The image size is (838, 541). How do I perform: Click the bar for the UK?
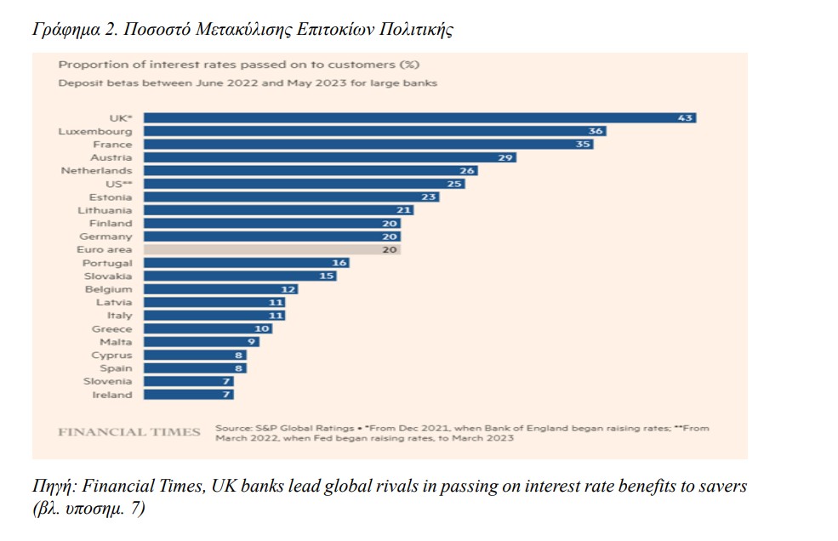pos(419,118)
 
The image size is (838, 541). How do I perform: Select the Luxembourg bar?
pos(375,132)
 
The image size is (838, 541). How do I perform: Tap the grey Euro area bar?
pos(271,250)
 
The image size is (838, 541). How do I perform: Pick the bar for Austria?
pos(330,157)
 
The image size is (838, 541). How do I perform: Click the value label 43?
pos(686,118)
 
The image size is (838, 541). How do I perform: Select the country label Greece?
pos(112,329)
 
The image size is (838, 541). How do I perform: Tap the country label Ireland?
pos(112,395)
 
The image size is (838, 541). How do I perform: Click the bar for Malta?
pos(201,342)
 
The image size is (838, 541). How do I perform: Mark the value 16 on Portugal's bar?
pos(339,264)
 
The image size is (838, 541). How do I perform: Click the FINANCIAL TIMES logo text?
pos(129,432)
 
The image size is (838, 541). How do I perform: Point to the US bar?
pos(305,184)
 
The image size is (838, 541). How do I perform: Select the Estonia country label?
pos(111,197)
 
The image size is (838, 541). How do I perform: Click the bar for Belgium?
pos(220,289)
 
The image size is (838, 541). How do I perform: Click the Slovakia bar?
pos(240,276)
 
